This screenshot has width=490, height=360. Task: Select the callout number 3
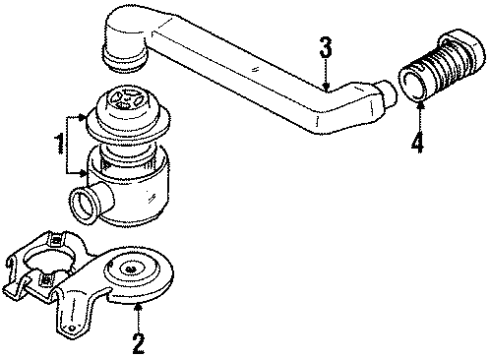325,46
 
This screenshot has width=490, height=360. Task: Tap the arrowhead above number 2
139,309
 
